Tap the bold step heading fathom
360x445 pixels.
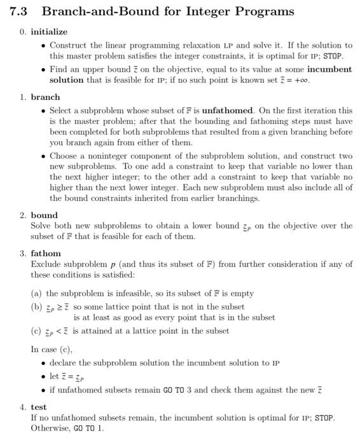pos(46,253)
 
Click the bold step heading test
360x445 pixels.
pos(39,407)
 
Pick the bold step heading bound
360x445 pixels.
pos(44,215)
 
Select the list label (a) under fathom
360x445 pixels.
pos(37,294)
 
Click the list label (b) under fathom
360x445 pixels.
pos(37,307)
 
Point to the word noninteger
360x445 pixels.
pos(106,156)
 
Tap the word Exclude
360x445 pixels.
pos(45,264)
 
